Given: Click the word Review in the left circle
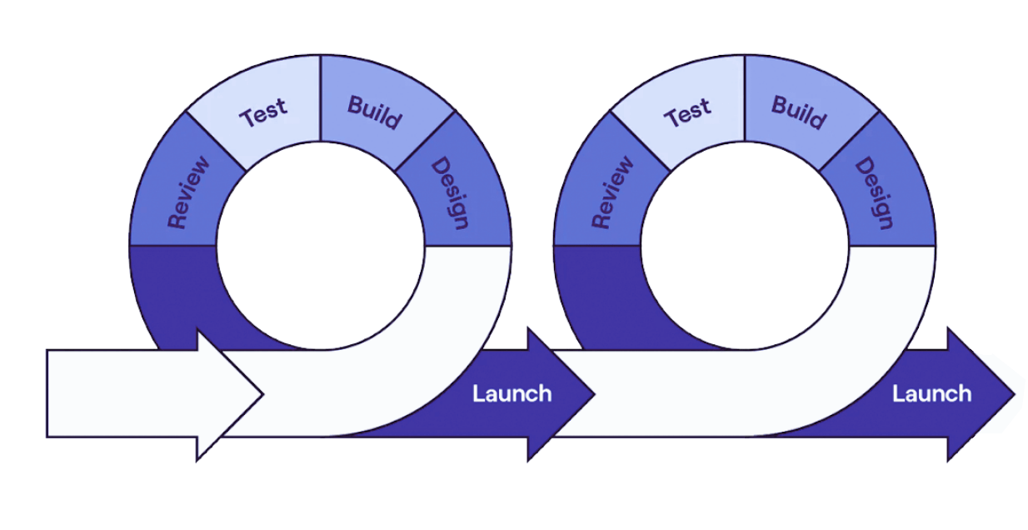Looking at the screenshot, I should tap(188, 192).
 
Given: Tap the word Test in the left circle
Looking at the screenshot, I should tap(263, 112).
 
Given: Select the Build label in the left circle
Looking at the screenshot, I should tap(374, 112).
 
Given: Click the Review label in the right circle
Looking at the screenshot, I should tap(612, 192).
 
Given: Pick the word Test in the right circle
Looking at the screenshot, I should tap(687, 112).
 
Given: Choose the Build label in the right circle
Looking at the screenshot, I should tap(798, 112).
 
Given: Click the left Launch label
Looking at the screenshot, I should tap(512, 393).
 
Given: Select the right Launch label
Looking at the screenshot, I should tap(931, 393).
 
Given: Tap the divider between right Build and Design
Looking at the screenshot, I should tap(850, 142).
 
